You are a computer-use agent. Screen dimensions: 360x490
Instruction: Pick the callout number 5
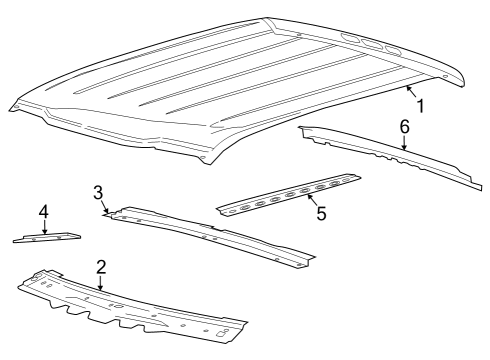tap(320, 213)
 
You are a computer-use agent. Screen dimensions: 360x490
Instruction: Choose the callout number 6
tap(404, 127)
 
